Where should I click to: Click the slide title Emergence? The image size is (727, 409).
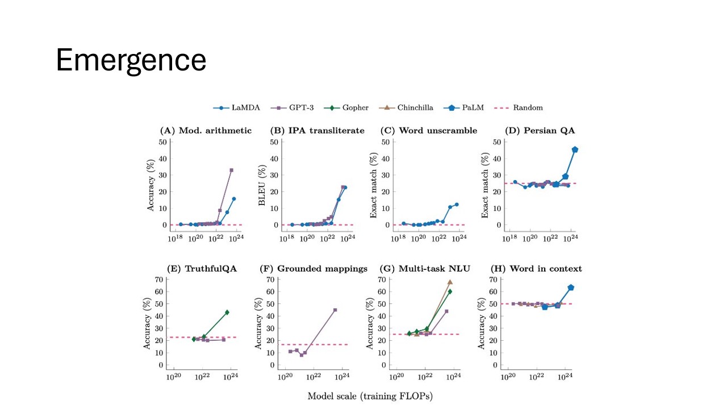[131, 60]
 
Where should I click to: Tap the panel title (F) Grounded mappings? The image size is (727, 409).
[314, 269]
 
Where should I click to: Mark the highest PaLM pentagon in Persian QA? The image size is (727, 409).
[575, 149]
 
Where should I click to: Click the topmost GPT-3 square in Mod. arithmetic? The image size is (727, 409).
[231, 170]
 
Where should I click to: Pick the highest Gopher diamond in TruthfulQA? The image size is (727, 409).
[227, 312]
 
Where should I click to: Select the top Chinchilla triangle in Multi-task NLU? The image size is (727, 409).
[450, 282]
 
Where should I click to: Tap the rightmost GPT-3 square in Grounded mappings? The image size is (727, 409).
[335, 310]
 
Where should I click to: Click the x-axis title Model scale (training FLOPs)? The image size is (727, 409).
[370, 396]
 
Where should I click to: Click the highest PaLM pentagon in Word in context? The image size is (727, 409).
[571, 287]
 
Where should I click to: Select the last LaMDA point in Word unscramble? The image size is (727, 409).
[456, 204]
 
